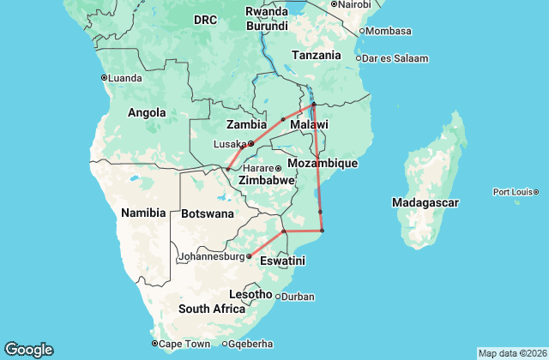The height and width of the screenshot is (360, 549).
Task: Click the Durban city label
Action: point(297,297)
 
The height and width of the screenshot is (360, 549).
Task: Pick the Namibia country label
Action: point(142,212)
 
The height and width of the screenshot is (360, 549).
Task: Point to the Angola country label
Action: point(147,112)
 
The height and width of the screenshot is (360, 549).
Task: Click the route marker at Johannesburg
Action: point(249,256)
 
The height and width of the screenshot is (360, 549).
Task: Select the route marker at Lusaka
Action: point(250,144)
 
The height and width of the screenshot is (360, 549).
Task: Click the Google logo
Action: point(28,350)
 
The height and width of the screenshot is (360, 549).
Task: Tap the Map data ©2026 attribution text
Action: point(512,353)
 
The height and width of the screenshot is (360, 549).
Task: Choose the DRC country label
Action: point(205,19)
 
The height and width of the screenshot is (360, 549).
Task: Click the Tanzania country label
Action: point(317,55)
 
